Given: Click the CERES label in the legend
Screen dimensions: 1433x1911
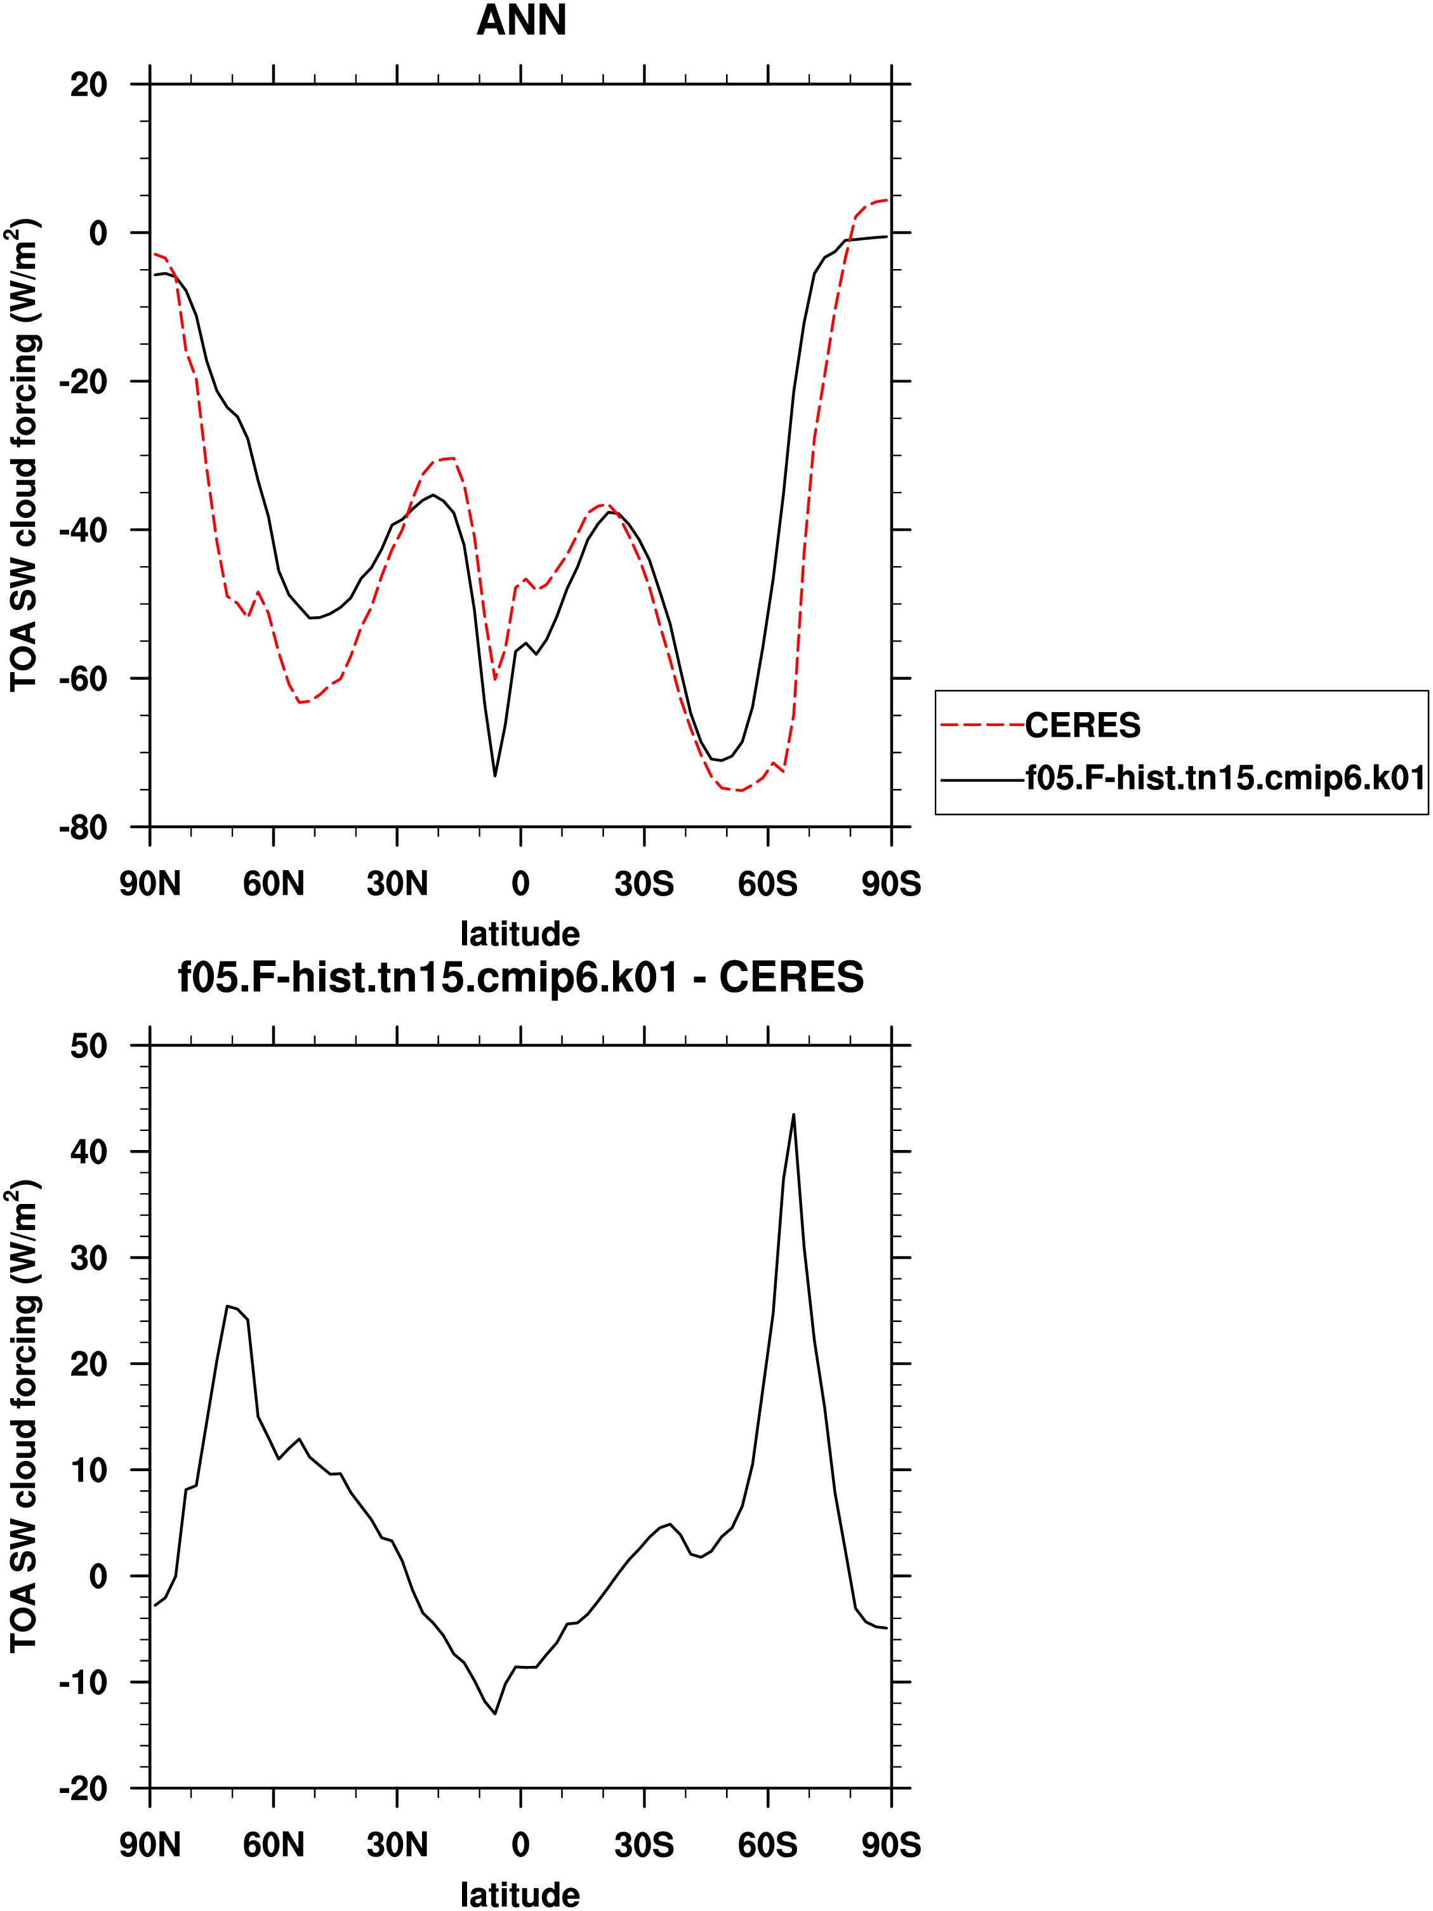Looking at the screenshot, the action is (x=1082, y=725).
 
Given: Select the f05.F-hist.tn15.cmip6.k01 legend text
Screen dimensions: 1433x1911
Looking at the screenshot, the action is (x=1225, y=778).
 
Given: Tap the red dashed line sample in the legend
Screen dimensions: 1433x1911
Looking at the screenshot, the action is (x=982, y=725).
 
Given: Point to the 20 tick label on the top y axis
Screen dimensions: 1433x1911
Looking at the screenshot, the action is (x=89, y=84).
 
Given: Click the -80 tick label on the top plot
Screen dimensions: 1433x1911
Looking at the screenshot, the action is (x=83, y=828).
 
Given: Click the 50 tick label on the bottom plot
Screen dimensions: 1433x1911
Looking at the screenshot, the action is (x=89, y=1046).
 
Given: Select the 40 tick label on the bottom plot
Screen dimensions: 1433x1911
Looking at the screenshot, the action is (x=89, y=1153).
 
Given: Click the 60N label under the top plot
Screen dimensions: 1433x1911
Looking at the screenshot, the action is (x=274, y=885).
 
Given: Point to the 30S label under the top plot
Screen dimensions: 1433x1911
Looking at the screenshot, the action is (x=644, y=885).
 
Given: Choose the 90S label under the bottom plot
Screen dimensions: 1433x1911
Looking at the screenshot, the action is (x=892, y=1846).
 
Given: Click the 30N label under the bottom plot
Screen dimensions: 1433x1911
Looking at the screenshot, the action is (x=397, y=1846).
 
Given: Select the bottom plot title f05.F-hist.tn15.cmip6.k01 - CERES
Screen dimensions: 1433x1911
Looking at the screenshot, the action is (x=521, y=978).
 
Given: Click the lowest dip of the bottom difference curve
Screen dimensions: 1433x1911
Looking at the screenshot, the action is (x=495, y=1714).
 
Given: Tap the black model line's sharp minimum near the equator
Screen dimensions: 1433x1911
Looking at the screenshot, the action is (x=495, y=775).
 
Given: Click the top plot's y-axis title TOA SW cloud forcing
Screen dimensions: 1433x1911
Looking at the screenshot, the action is (x=24, y=456).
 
